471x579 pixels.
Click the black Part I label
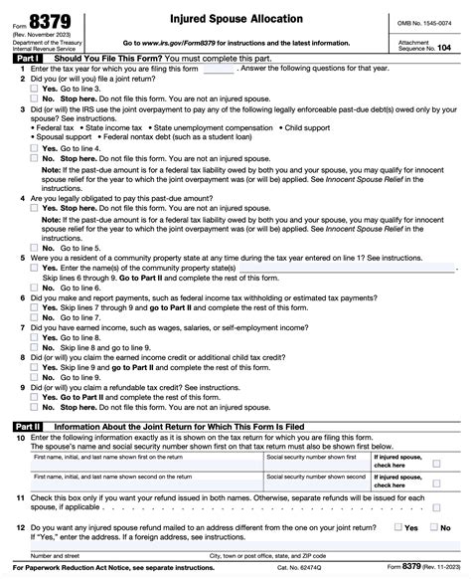click(28, 60)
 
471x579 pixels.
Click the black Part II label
click(28, 426)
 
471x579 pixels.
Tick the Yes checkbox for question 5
click(35, 269)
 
